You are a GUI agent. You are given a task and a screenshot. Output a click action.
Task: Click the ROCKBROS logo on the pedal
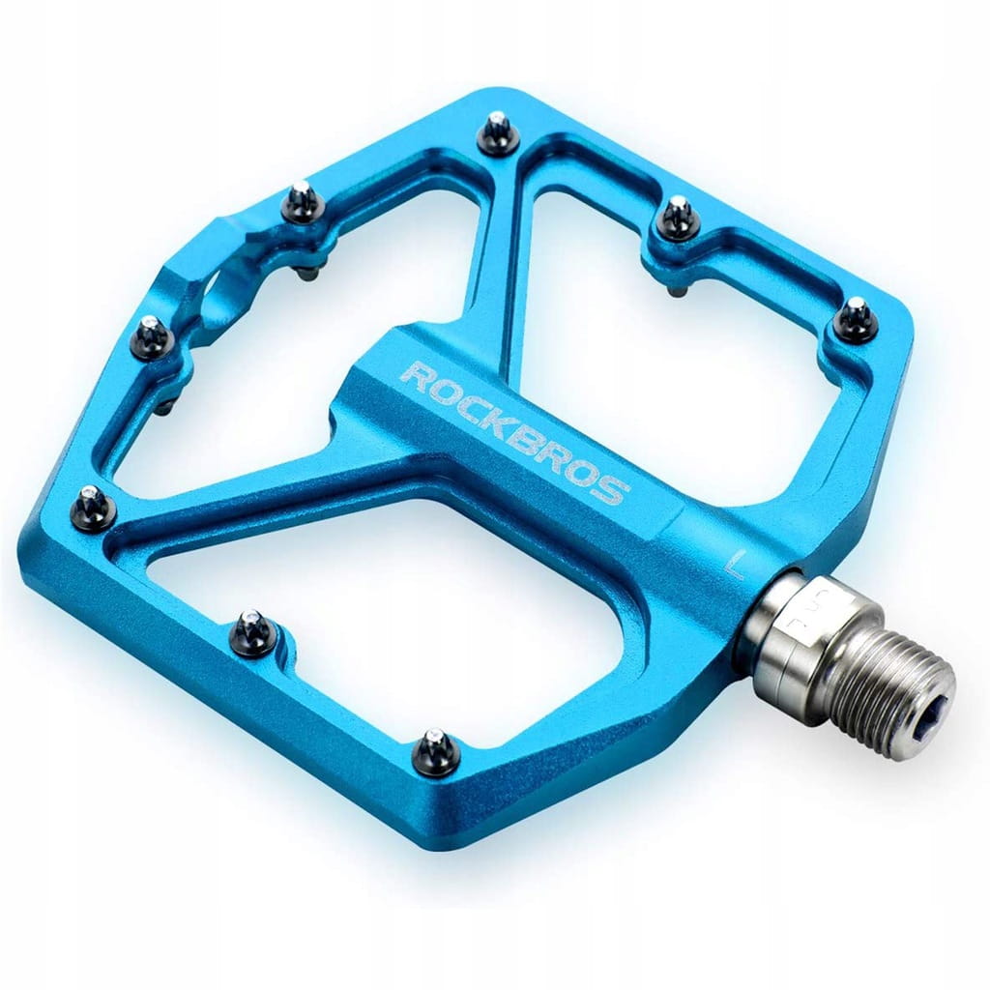514,432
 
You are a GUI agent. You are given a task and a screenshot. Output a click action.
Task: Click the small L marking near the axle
736,562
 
